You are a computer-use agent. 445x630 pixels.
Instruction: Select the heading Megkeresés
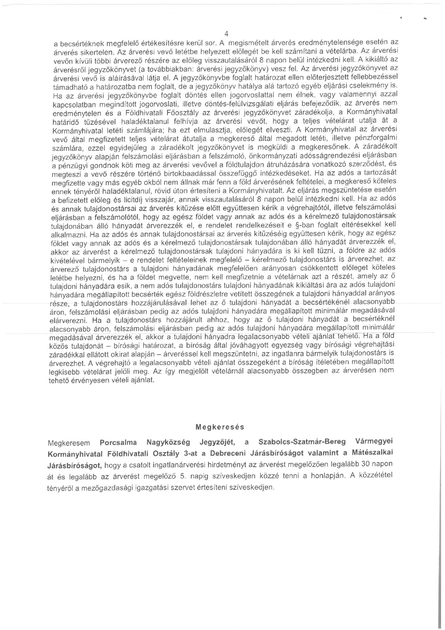[x=220, y=427]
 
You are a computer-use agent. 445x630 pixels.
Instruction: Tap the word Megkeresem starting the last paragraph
[x=69, y=443]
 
